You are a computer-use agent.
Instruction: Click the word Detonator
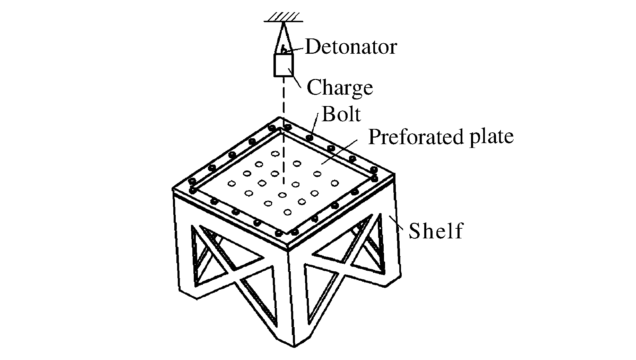pyautogui.click(x=351, y=47)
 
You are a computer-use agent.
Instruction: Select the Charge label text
pyautogui.click(x=340, y=87)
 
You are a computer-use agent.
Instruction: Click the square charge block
pyautogui.click(x=284, y=65)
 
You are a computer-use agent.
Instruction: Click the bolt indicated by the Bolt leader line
pyautogui.click(x=310, y=138)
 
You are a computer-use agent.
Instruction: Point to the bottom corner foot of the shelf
pyautogui.click(x=294, y=345)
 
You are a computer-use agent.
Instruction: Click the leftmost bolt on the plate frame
pyautogui.click(x=191, y=181)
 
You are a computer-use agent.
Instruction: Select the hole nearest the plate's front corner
pyautogui.click(x=287, y=212)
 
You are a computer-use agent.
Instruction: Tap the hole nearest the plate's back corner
pyautogui.click(x=276, y=153)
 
